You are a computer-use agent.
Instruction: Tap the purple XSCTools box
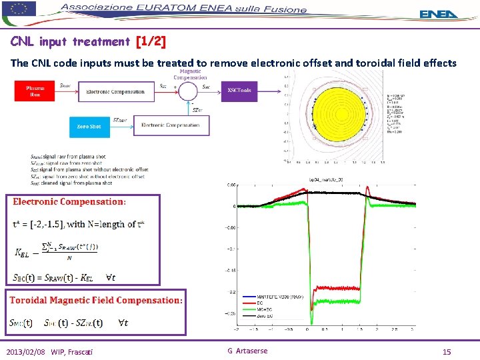(x=239, y=90)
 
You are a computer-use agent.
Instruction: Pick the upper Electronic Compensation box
(x=115, y=91)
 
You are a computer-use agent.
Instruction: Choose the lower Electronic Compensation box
(x=169, y=125)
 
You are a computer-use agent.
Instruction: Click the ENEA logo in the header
(x=439, y=14)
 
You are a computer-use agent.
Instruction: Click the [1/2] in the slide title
(x=151, y=42)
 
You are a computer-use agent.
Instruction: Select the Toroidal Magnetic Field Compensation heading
(x=95, y=300)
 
